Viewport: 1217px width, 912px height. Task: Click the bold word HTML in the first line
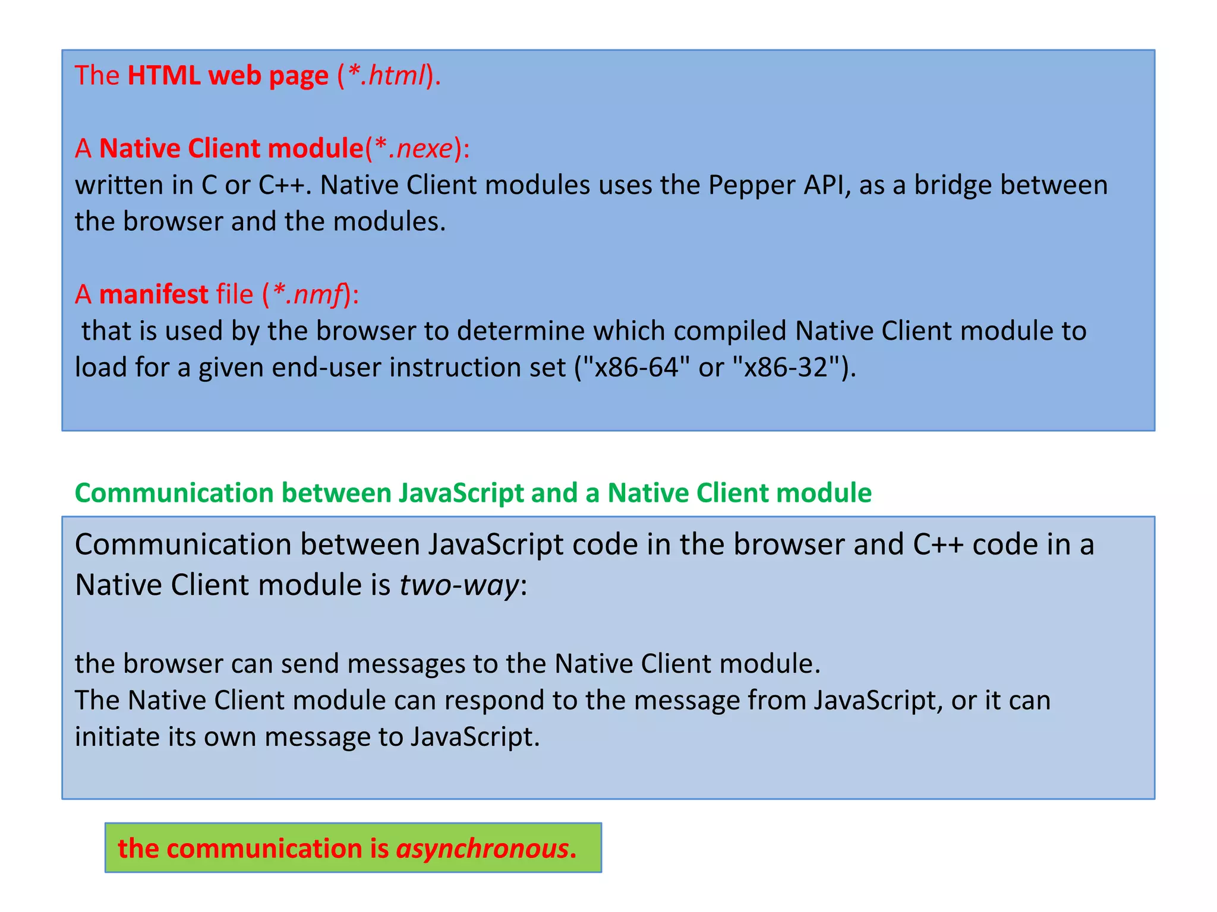163,76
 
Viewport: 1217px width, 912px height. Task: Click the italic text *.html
387,76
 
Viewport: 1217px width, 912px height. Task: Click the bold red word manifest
153,294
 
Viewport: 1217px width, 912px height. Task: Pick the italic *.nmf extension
308,294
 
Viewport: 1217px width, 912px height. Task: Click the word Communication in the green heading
173,493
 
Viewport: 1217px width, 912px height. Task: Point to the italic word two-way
459,585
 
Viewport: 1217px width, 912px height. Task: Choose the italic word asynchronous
482,848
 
